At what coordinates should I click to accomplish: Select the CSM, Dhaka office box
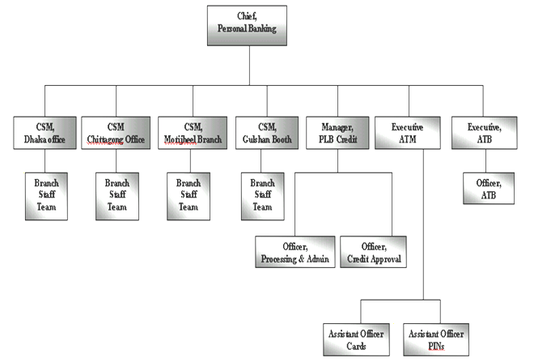coord(45,133)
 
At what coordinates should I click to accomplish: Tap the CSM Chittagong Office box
coord(117,133)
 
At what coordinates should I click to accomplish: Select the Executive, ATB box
coord(484,133)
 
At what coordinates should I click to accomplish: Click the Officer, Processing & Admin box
coord(295,252)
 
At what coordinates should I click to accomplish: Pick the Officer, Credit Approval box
coord(371,252)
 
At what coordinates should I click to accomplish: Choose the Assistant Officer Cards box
coord(354,339)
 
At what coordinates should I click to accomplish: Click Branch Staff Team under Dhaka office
coord(45,195)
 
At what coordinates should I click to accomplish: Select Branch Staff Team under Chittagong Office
coord(117,195)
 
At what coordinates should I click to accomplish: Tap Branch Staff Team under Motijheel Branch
coord(189,195)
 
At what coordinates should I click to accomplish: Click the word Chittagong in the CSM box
coord(108,139)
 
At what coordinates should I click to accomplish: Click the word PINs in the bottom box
coord(438,346)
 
